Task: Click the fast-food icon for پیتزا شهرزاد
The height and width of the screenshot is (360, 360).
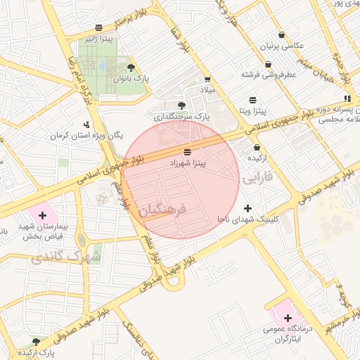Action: [x=186, y=152]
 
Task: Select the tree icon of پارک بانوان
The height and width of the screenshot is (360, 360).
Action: [x=131, y=67]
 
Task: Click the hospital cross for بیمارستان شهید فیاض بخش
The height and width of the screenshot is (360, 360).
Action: [x=42, y=214]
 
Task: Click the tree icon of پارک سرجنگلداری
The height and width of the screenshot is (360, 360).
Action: [x=182, y=105]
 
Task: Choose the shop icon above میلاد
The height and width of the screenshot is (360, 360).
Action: [x=207, y=79]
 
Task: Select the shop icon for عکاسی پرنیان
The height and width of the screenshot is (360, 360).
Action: [x=281, y=34]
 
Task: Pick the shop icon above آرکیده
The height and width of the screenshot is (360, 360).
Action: [x=256, y=148]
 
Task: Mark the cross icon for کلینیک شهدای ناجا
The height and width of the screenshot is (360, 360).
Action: [x=247, y=208]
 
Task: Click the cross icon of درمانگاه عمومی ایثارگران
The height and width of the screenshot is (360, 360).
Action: [x=288, y=318]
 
